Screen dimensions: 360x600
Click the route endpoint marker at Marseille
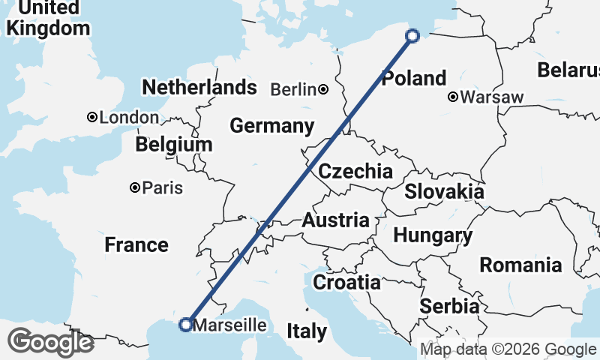pos(185,324)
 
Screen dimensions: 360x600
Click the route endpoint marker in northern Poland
pos(412,35)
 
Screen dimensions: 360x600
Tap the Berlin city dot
pos(322,89)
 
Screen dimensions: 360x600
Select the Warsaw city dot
pos(453,97)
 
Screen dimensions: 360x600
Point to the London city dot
pos(91,117)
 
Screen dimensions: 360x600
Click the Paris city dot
pos(135,187)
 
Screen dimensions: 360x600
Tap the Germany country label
pos(271,125)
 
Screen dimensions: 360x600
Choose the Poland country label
pos(414,78)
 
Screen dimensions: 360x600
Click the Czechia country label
pos(355,171)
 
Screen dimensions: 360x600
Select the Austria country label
pos(335,220)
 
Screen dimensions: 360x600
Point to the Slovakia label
pos(444,191)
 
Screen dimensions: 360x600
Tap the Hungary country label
pos(433,235)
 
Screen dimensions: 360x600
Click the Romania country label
pos(520,265)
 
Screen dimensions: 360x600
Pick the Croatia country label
pos(346,283)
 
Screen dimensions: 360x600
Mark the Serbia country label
pos(449,306)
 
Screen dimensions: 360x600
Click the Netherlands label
pos(199,87)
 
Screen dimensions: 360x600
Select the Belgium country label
pos(174,144)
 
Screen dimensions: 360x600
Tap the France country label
pos(136,244)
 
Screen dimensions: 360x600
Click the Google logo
pos(50,342)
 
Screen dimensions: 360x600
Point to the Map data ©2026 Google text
pos(508,349)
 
